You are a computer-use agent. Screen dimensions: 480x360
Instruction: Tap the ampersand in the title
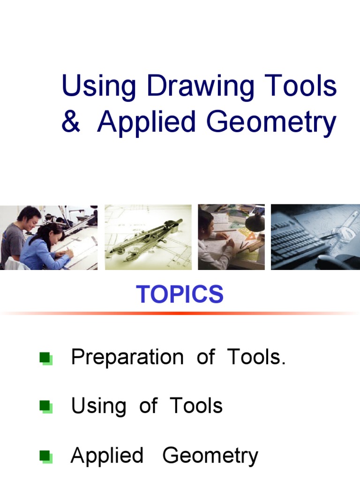pyautogui.click(x=71, y=122)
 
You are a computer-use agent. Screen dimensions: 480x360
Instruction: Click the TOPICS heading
pyautogui.click(x=180, y=294)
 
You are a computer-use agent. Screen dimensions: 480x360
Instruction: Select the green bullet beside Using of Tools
pyautogui.click(x=46, y=406)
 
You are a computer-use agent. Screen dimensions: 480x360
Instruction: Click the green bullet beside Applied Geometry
pyautogui.click(x=46, y=456)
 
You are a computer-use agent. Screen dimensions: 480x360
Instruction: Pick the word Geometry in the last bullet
pyautogui.click(x=210, y=456)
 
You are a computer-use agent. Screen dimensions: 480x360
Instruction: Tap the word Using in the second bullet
pyautogui.click(x=98, y=406)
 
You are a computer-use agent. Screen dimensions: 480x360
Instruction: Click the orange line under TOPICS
pyautogui.click(x=180, y=313)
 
